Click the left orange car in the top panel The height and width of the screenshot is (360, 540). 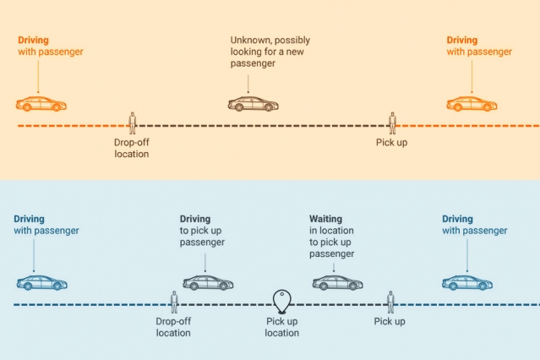(x=41, y=104)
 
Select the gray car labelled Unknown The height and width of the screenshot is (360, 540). (x=253, y=104)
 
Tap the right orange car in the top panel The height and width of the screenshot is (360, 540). (x=472, y=104)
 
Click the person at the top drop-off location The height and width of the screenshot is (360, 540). (x=132, y=123)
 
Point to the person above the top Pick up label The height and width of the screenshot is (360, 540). (x=392, y=123)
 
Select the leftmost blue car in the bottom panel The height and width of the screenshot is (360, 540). (x=41, y=282)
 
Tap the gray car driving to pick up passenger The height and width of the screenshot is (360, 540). (x=208, y=282)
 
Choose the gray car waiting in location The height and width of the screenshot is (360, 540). (x=337, y=282)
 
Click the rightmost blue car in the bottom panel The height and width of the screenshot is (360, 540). (x=467, y=282)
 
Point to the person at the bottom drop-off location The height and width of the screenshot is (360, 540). (x=174, y=301)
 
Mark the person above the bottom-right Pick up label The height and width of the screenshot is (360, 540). (x=390, y=301)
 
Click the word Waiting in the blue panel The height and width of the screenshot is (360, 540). (x=325, y=219)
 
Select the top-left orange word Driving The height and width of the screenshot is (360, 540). (x=34, y=40)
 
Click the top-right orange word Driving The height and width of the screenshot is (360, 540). (x=462, y=40)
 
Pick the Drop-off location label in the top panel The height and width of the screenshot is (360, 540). (x=132, y=148)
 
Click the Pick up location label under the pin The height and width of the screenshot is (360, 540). (x=282, y=327)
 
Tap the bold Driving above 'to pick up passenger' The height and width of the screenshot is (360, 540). (x=195, y=219)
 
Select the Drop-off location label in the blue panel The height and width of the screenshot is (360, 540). (x=173, y=327)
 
